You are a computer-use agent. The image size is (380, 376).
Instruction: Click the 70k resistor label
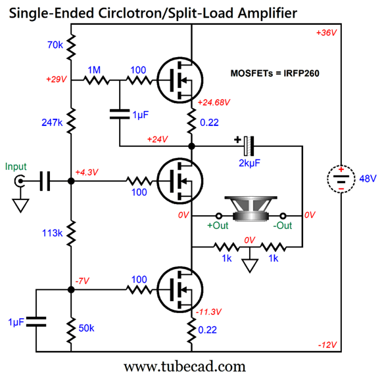click(55, 46)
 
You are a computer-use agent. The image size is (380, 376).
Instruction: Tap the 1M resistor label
click(94, 69)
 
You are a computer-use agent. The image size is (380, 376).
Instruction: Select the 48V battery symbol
click(339, 178)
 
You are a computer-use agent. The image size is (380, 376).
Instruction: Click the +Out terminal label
click(218, 226)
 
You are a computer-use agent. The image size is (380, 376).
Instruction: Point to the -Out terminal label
click(283, 226)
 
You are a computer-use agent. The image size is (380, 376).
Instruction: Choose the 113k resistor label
click(53, 233)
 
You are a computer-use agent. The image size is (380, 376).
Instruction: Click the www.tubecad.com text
click(190, 365)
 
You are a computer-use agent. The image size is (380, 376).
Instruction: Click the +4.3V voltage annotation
click(87, 172)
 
